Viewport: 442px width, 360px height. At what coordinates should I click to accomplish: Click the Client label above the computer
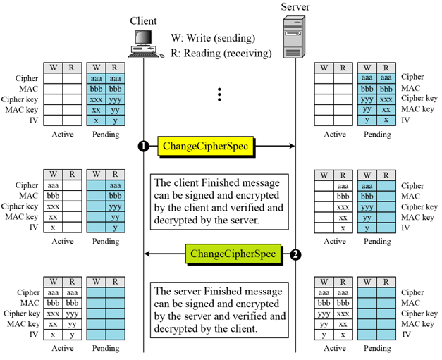[x=143, y=20]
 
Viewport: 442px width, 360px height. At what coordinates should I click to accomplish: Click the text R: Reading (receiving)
[x=221, y=53]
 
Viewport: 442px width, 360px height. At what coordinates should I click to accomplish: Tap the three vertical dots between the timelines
[x=220, y=94]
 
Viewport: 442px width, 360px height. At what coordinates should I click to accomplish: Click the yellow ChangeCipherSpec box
[x=205, y=147]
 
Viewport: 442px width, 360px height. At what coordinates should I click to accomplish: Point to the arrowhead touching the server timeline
[x=290, y=147]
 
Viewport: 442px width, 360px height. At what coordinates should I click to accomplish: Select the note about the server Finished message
[x=220, y=309]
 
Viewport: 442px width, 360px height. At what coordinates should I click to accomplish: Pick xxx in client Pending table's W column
[x=95, y=99]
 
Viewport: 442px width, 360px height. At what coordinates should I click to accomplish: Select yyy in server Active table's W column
[x=324, y=314]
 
